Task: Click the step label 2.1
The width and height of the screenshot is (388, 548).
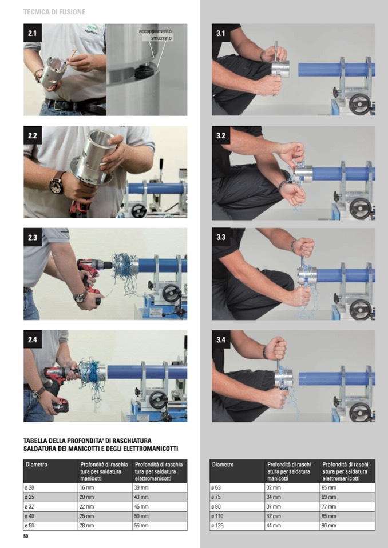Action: (33, 33)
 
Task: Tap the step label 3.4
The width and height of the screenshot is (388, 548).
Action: (221, 339)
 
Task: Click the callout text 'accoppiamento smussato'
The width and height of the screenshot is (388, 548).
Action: (155, 35)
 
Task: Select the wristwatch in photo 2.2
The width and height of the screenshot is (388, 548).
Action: (57, 183)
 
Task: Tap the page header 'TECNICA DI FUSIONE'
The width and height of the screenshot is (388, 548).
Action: (54, 12)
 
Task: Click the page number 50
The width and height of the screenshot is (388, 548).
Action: (26, 537)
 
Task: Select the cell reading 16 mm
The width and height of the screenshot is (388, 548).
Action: (85, 487)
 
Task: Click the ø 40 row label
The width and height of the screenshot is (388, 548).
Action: (29, 516)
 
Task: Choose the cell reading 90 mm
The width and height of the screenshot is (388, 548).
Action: (329, 525)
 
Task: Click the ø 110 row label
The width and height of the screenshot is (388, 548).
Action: (217, 516)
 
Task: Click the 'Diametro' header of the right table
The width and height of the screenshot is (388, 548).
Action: (223, 465)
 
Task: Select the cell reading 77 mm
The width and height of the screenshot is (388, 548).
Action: (329, 506)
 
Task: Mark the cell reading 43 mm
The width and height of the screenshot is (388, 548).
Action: (142, 497)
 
